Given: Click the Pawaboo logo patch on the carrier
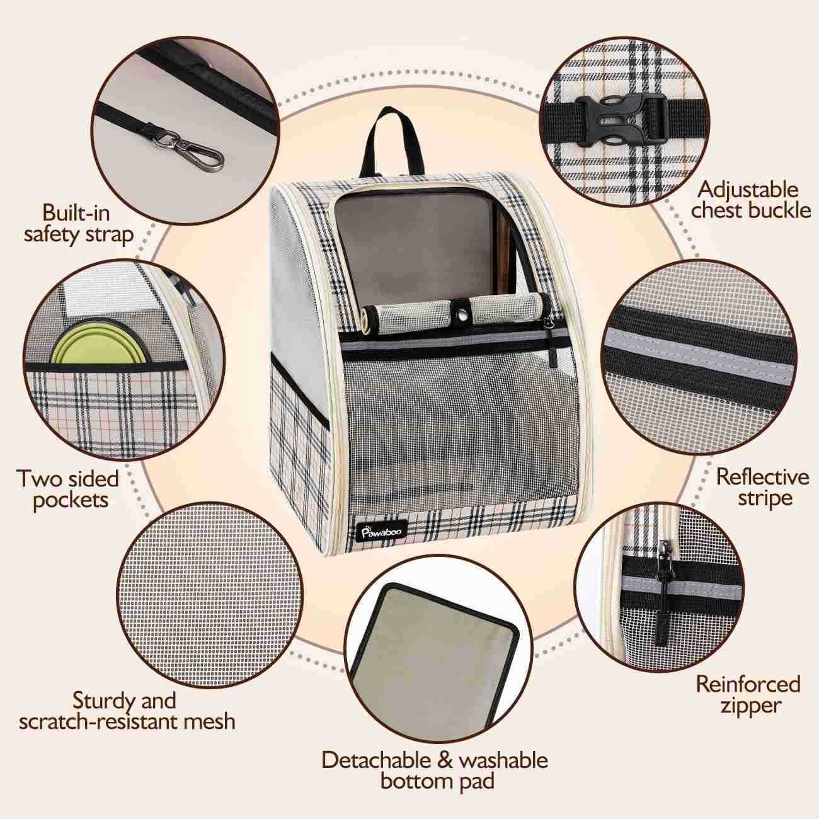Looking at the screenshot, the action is (x=381, y=530).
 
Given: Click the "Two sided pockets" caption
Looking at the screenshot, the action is (x=69, y=489).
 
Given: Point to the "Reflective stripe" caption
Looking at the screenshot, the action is (x=762, y=488).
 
